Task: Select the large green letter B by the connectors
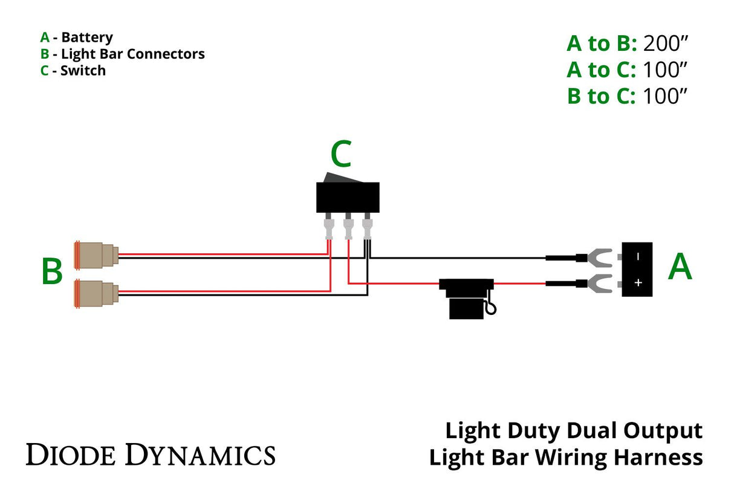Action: tap(52, 271)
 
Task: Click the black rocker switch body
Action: tap(348, 197)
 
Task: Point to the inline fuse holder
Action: tap(466, 297)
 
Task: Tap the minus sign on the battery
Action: tap(637, 256)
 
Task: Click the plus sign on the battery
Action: tap(637, 283)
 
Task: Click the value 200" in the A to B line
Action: tap(666, 44)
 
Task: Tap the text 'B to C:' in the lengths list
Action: tap(601, 96)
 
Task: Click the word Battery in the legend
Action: tap(87, 38)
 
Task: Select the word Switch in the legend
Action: tap(83, 71)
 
